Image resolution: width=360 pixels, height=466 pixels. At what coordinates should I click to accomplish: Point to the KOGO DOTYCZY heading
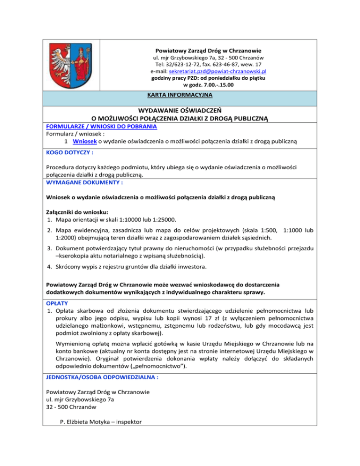(69, 153)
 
